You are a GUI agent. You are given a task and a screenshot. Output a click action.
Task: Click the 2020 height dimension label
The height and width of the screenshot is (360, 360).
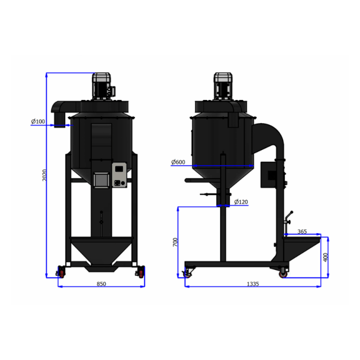click(x=46, y=175)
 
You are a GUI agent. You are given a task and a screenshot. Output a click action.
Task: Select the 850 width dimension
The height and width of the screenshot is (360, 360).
click(x=102, y=284)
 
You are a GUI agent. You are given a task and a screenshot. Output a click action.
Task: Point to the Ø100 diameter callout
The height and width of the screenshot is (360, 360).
click(x=38, y=122)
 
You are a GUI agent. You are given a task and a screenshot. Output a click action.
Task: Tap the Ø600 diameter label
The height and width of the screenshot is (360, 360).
click(x=178, y=162)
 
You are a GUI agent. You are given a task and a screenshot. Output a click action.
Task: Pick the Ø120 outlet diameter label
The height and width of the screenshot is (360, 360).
click(x=241, y=202)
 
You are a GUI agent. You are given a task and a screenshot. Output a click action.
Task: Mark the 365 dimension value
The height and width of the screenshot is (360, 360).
click(x=302, y=231)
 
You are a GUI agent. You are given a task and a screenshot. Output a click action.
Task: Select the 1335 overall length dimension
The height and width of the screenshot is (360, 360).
click(x=253, y=284)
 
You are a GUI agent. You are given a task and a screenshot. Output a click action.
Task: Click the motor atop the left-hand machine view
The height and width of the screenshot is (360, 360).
click(x=102, y=85)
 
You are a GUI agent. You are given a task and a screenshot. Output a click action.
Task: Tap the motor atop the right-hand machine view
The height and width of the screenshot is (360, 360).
click(x=222, y=85)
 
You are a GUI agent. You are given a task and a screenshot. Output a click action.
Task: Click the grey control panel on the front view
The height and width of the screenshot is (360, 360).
click(x=119, y=175)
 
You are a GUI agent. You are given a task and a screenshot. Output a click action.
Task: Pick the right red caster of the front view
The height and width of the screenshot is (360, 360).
click(x=141, y=272)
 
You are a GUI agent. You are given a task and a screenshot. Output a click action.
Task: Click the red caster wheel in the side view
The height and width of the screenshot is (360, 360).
click(x=283, y=273)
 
